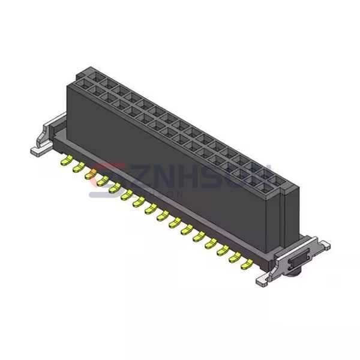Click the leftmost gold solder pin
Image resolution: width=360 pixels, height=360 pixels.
64,161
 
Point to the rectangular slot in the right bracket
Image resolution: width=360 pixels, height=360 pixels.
298,263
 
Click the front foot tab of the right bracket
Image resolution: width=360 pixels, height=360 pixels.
263,279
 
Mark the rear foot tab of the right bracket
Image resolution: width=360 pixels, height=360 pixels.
324,244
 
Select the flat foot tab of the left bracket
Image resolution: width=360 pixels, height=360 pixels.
37,151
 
